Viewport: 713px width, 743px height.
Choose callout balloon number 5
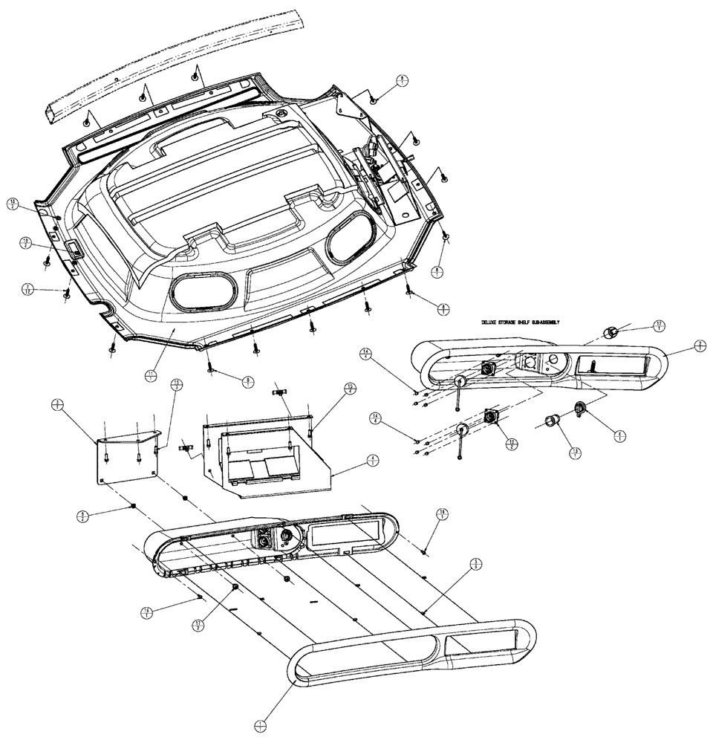[x=476, y=565]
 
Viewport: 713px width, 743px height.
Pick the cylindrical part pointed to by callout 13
[x=552, y=422]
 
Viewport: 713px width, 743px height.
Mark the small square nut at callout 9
[x=133, y=507]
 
